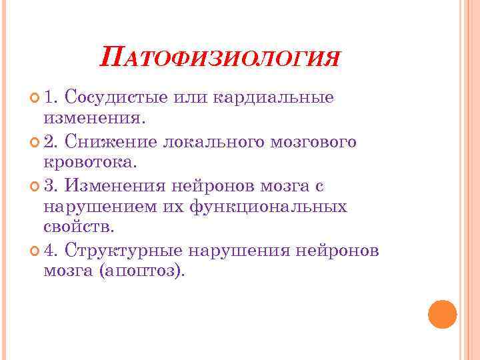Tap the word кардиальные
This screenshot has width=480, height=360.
coord(274,98)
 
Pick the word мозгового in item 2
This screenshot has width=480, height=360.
coord(314,142)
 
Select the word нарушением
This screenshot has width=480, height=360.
coord(101,207)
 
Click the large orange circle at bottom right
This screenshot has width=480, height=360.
coord(441,314)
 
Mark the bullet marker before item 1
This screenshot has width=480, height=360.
coord(35,99)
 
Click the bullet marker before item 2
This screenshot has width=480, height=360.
coord(35,143)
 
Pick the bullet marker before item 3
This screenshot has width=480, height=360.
coord(35,185)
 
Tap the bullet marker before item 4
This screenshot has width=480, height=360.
coord(35,251)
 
